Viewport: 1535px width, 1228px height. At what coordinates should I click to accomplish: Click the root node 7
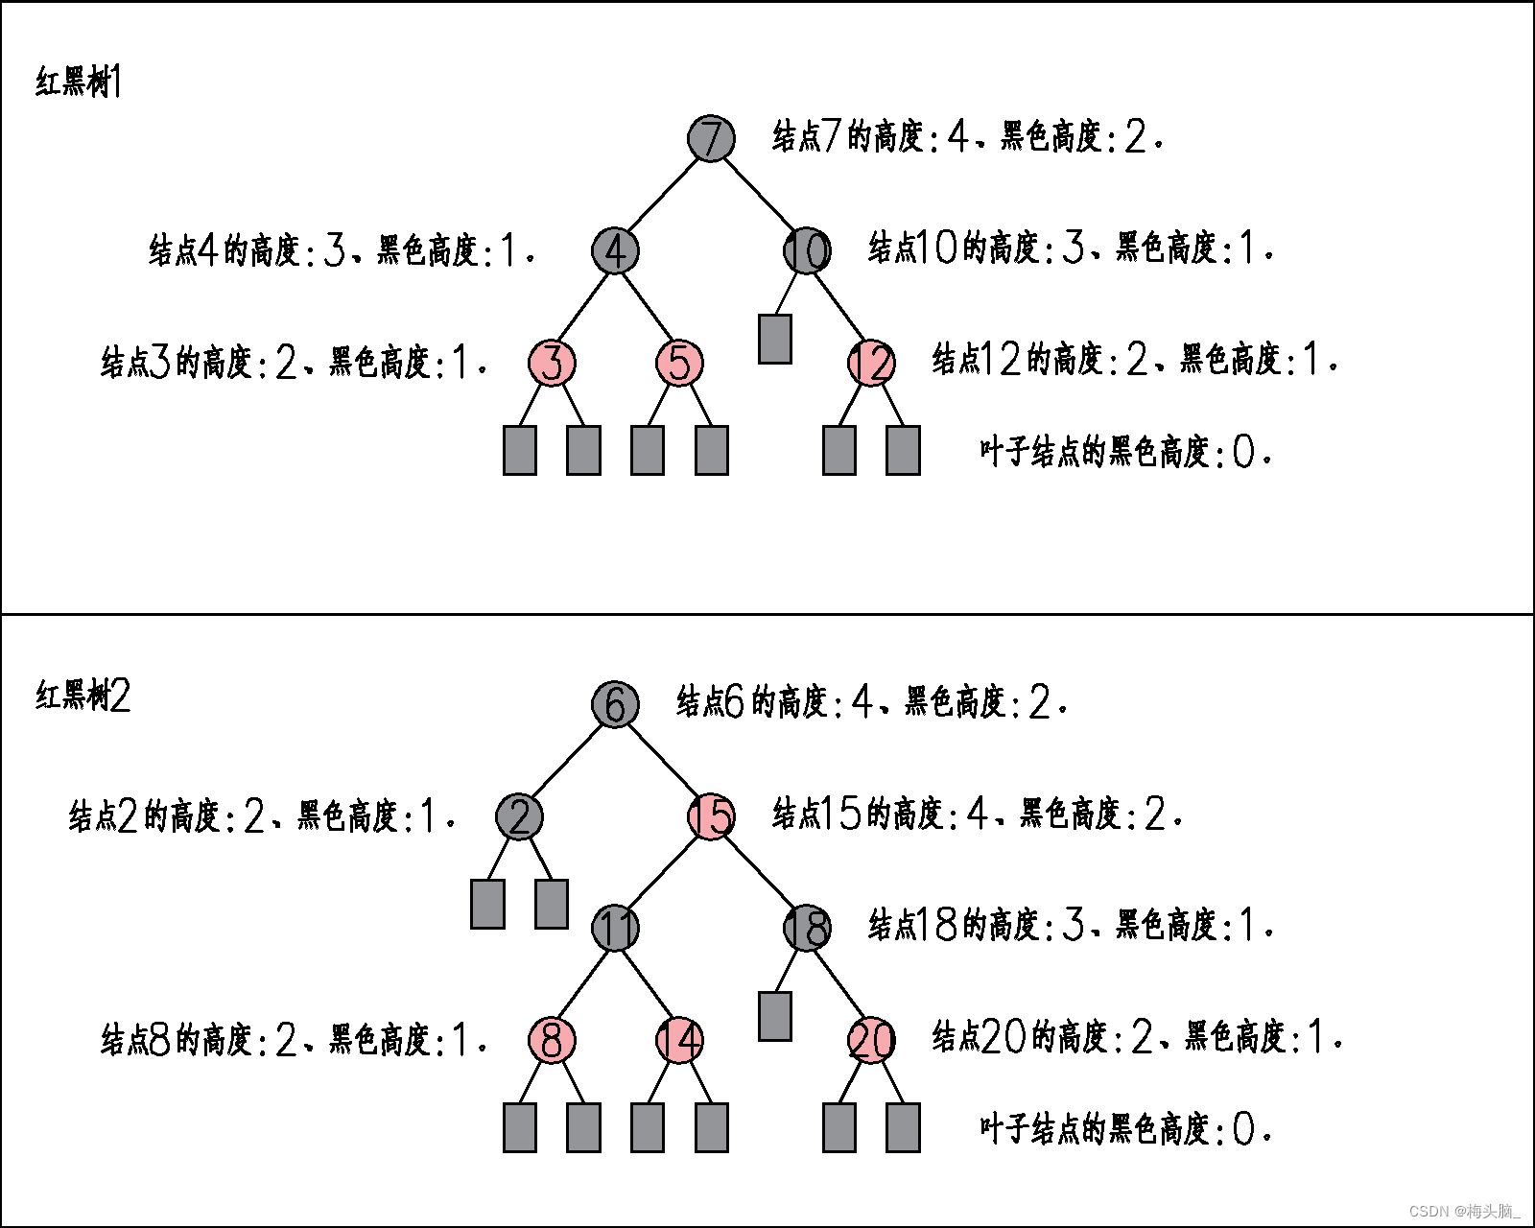711,137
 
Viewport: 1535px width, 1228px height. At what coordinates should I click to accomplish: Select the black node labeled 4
615,250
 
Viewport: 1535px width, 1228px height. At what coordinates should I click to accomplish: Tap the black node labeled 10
807,250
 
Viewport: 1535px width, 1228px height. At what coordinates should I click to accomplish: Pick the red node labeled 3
552,363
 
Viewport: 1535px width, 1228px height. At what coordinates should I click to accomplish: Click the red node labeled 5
679,363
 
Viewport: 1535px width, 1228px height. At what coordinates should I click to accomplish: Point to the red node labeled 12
871,363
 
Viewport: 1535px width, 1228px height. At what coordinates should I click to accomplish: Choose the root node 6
615,703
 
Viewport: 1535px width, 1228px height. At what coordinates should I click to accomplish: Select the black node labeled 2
519,816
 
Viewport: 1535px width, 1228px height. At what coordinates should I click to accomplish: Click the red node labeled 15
711,816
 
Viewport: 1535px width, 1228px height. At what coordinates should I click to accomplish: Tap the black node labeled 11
615,928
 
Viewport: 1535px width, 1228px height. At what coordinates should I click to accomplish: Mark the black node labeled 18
807,928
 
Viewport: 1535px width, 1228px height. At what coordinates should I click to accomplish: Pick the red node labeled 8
552,1040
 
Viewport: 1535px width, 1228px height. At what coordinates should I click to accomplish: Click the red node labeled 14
679,1040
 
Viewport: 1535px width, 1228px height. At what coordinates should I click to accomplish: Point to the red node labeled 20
871,1040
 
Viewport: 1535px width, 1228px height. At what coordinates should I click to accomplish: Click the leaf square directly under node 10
774,339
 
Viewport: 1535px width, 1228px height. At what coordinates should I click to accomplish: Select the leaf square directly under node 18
774,1016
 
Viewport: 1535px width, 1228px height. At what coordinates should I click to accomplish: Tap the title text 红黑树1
79,83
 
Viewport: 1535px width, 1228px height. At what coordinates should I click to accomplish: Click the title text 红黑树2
83,696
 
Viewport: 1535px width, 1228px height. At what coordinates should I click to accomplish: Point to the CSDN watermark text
1465,1211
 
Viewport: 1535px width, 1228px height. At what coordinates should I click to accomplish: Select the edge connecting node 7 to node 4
663,194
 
